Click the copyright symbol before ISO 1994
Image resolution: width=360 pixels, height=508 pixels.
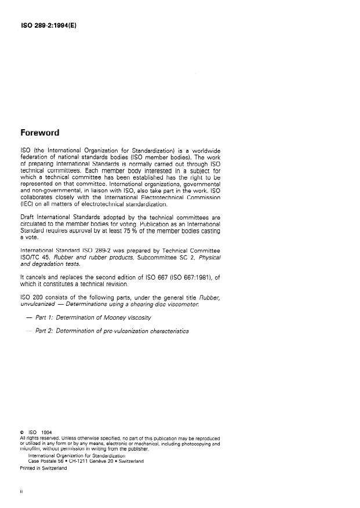[21, 432]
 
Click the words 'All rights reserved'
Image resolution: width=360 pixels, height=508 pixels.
[42, 438]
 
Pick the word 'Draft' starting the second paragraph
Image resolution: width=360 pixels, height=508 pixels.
[28, 217]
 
